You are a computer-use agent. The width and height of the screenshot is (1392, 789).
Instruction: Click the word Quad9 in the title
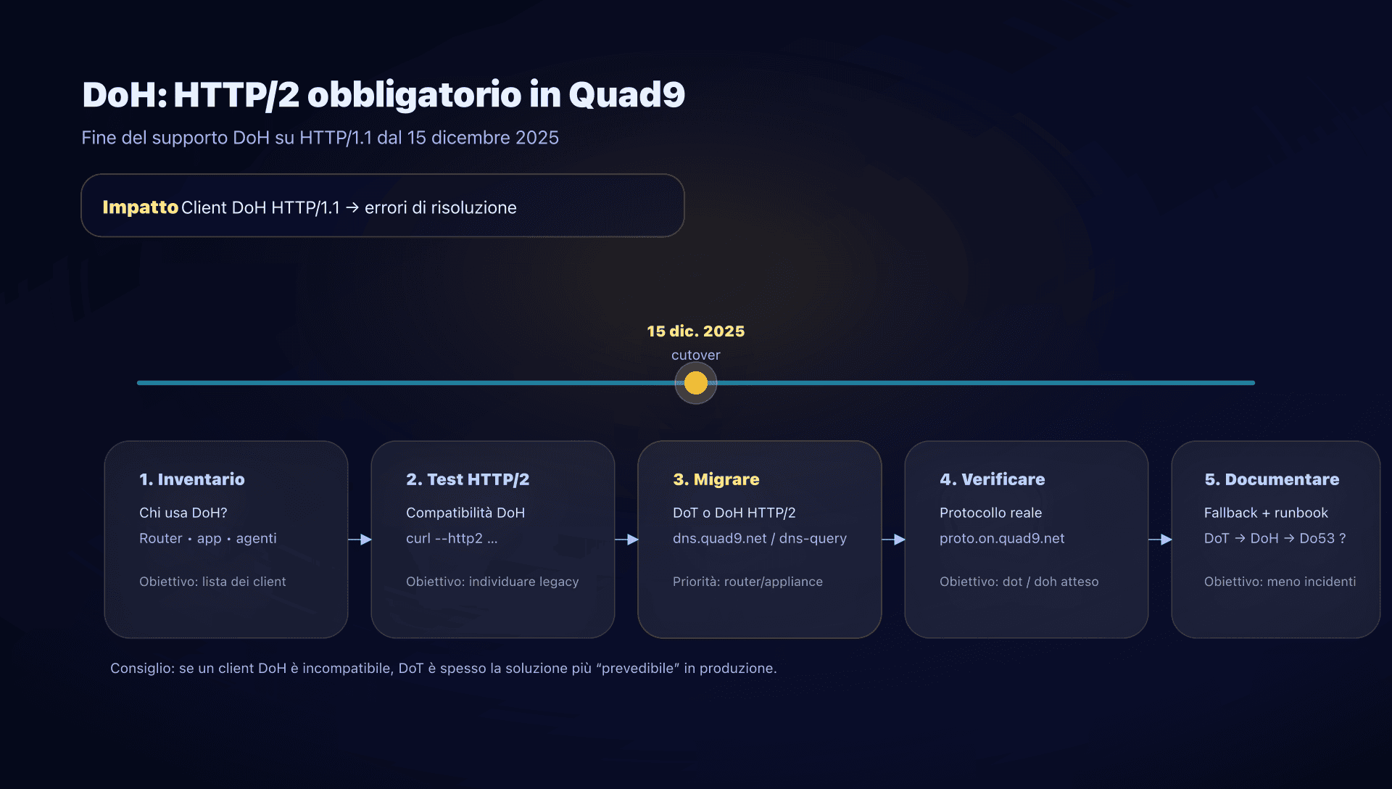coord(626,95)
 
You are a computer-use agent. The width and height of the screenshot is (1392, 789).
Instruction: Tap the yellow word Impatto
coord(140,207)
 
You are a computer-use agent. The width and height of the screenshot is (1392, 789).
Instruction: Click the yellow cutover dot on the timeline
coord(695,383)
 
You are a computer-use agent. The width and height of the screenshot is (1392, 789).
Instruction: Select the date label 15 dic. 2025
coord(695,331)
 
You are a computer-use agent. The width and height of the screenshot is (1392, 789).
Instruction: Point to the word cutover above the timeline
coord(695,355)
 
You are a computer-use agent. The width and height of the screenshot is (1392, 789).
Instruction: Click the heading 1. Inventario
coord(191,479)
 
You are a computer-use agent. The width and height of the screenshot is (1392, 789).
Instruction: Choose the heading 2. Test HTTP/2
coord(467,479)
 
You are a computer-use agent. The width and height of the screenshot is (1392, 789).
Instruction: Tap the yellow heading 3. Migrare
coord(716,479)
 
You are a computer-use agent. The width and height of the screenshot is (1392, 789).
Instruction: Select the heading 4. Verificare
coord(992,479)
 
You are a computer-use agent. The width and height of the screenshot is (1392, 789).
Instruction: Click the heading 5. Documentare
coord(1271,479)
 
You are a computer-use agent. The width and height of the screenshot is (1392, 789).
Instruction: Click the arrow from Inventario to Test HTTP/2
coord(360,540)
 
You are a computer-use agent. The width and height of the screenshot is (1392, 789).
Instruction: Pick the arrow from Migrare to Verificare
coord(894,540)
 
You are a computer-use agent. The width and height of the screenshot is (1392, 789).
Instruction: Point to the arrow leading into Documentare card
coord(1161,540)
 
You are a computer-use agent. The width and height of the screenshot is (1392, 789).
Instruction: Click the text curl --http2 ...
coord(451,538)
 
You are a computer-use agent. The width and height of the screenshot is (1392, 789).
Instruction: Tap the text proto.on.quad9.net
coord(1001,538)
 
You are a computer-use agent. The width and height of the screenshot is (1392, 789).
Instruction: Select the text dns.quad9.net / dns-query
coord(759,538)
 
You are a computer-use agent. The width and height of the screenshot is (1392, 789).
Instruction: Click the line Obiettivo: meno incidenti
coord(1279,582)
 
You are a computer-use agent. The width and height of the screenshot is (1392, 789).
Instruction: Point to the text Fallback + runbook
coord(1265,513)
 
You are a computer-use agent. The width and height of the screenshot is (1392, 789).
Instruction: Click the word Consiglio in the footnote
coord(141,668)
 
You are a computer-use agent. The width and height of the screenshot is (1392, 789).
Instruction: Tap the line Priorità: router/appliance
coord(747,582)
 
